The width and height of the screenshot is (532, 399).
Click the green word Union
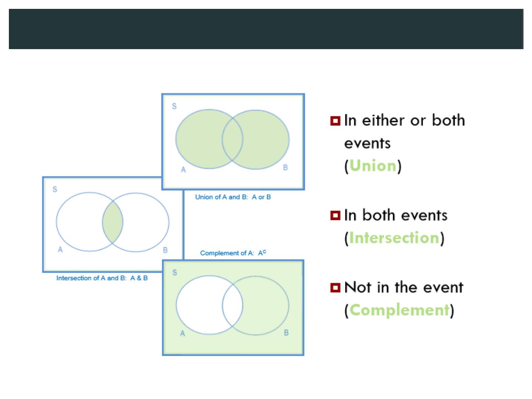373,166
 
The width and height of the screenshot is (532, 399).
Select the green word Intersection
394,238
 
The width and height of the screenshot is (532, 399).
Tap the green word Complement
399,310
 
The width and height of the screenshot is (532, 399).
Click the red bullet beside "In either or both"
335,121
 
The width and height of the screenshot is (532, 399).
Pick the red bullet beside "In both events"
335,215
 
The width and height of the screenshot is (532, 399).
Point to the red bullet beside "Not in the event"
335,287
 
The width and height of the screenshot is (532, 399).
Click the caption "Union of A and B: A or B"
233,197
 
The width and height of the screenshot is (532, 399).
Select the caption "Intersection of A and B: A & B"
102,278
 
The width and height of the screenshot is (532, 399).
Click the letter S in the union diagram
174,106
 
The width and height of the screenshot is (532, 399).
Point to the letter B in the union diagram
285,167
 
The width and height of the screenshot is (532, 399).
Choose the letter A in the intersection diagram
60,249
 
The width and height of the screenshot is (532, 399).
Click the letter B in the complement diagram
286,332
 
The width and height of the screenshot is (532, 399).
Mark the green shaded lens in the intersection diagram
112,222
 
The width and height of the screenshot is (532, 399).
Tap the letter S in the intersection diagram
55,189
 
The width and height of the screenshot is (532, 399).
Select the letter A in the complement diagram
182,334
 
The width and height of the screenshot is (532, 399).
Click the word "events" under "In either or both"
367,143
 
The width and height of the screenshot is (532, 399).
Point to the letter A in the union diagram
183,170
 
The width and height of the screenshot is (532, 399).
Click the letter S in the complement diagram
175,273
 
